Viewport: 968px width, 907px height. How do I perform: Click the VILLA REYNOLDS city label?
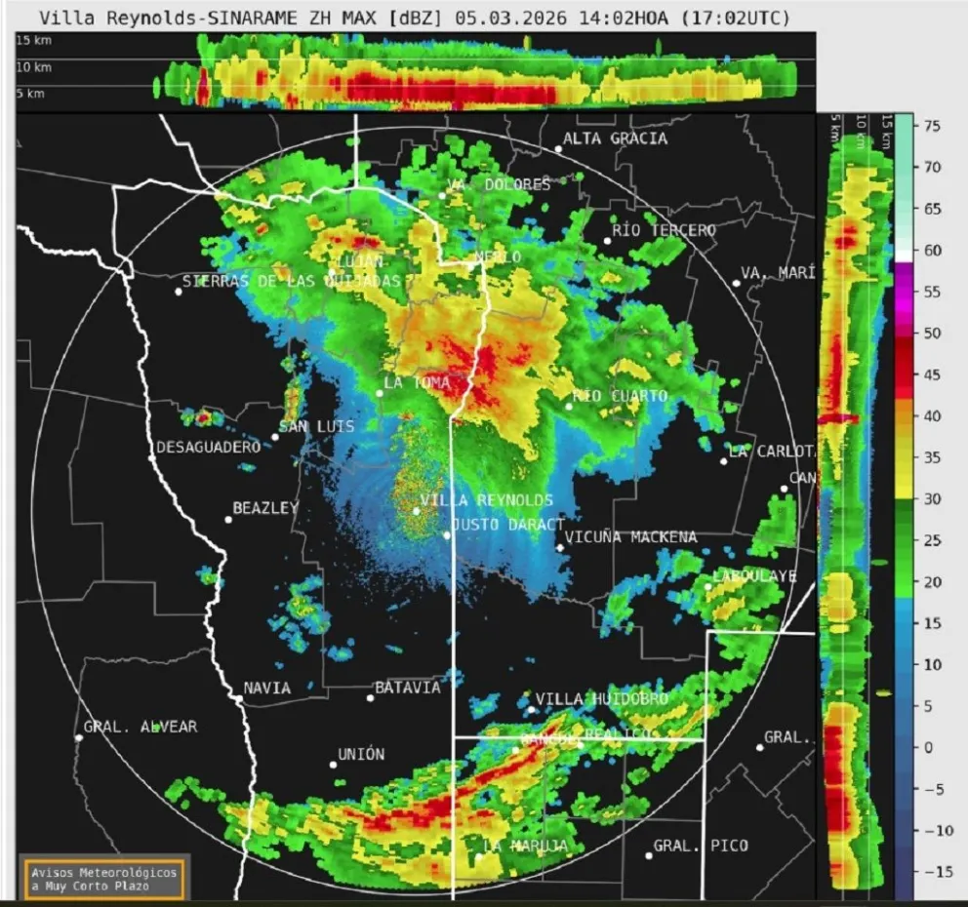pos(486,500)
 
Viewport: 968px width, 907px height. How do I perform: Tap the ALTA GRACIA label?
pos(615,138)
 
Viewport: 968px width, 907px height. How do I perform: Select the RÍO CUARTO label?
pos(620,396)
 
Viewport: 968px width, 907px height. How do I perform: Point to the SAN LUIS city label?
pos(316,426)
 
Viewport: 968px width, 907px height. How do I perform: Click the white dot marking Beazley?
pos(228,519)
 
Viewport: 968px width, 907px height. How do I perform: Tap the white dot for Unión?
pos(333,765)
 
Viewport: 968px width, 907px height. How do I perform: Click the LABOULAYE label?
pos(754,576)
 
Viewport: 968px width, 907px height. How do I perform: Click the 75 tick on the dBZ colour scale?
pos(932,126)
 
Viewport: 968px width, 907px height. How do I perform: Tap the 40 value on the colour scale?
pos(932,415)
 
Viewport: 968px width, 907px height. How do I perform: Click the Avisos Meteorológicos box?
pos(103,879)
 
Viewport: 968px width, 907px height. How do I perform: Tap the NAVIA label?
pos(266,688)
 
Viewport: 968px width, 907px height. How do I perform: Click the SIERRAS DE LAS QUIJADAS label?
pos(292,281)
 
